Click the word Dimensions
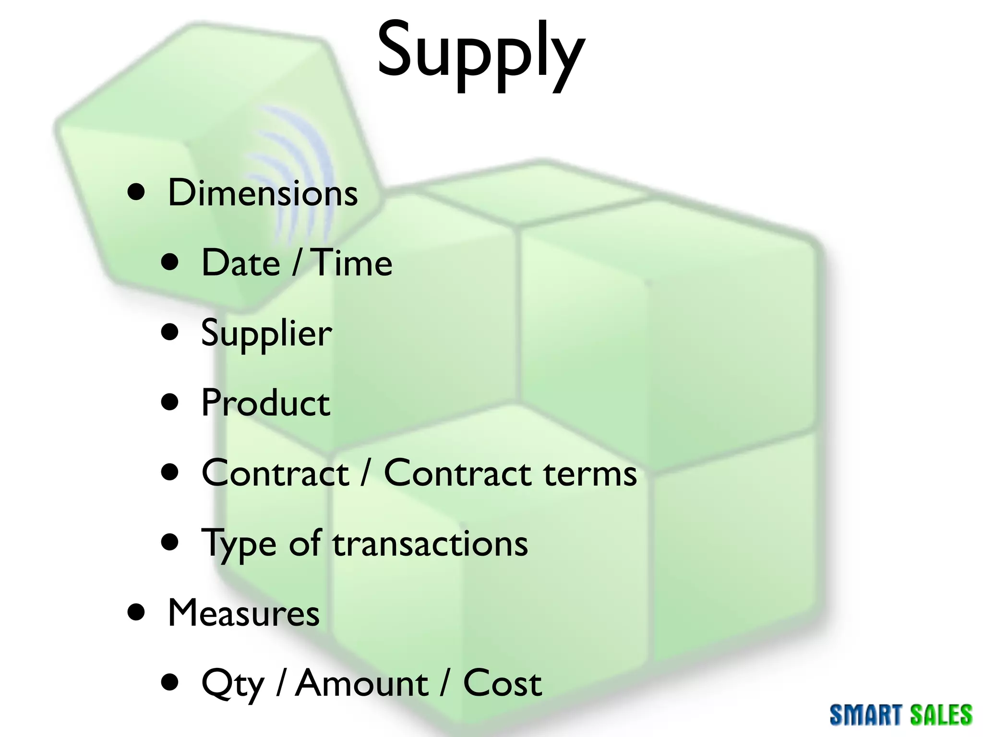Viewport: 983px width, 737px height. pos(263,193)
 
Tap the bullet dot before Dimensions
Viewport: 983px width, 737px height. pos(137,192)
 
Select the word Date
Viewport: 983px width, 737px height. pos(240,263)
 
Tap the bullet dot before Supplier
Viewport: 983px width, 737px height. pos(170,332)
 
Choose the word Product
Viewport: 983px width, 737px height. pos(265,403)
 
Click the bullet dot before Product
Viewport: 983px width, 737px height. pos(170,402)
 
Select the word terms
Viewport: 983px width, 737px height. pos(590,474)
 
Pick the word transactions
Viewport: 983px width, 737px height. pos(430,544)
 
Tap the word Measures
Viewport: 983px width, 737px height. pos(243,613)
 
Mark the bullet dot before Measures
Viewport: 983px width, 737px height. pos(137,612)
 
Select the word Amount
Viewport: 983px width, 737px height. pos(361,683)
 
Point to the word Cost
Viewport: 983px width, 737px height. pos(502,683)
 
